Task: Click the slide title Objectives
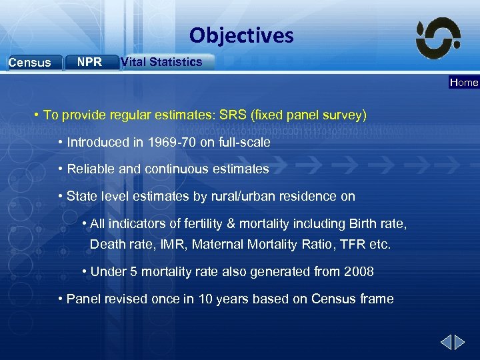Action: [x=241, y=35]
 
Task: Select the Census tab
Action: [x=30, y=63]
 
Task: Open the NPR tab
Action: [x=89, y=62]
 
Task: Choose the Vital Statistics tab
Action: [x=162, y=62]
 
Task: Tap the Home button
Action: [x=464, y=83]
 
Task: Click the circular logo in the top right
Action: [x=438, y=38]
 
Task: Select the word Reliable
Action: [x=89, y=169]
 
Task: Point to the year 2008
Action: [x=360, y=271]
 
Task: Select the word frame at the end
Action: [x=378, y=299]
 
